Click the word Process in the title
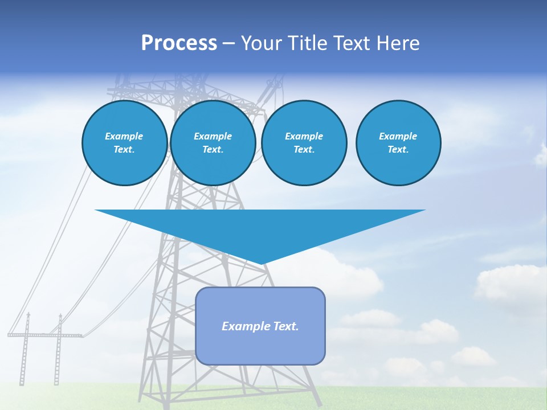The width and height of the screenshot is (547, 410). pos(179,43)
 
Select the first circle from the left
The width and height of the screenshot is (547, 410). pos(124,143)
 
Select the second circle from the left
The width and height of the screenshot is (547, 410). pos(213,143)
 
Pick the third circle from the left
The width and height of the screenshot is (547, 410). pos(304,143)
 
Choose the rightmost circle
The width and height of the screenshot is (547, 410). pos(398,143)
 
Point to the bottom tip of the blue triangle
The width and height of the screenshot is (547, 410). pos(261,264)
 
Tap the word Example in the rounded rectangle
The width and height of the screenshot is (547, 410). pos(246,326)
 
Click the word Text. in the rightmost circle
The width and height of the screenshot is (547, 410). pos(398,150)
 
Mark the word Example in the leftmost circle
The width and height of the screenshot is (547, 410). pos(124,136)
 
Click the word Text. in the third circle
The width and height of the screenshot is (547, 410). pos(304,150)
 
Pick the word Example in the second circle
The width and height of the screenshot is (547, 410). pos(213,136)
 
